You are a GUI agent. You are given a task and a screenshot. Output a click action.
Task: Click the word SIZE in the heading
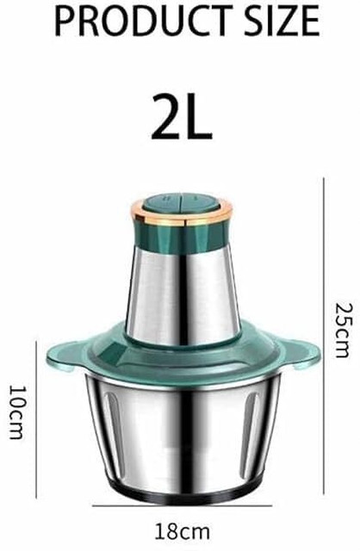coord(282,21)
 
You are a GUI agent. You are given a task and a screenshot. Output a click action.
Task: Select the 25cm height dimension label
coord(342,330)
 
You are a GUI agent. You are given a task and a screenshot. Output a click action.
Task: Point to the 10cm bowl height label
coord(16,412)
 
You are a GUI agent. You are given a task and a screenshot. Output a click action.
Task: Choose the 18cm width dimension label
coord(182,532)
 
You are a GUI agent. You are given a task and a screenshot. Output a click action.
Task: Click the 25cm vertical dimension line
coord(324,336)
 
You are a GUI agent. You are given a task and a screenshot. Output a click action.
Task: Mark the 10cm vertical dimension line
coord(36,419)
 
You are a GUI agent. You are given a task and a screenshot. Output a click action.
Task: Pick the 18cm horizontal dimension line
coord(182,505)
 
